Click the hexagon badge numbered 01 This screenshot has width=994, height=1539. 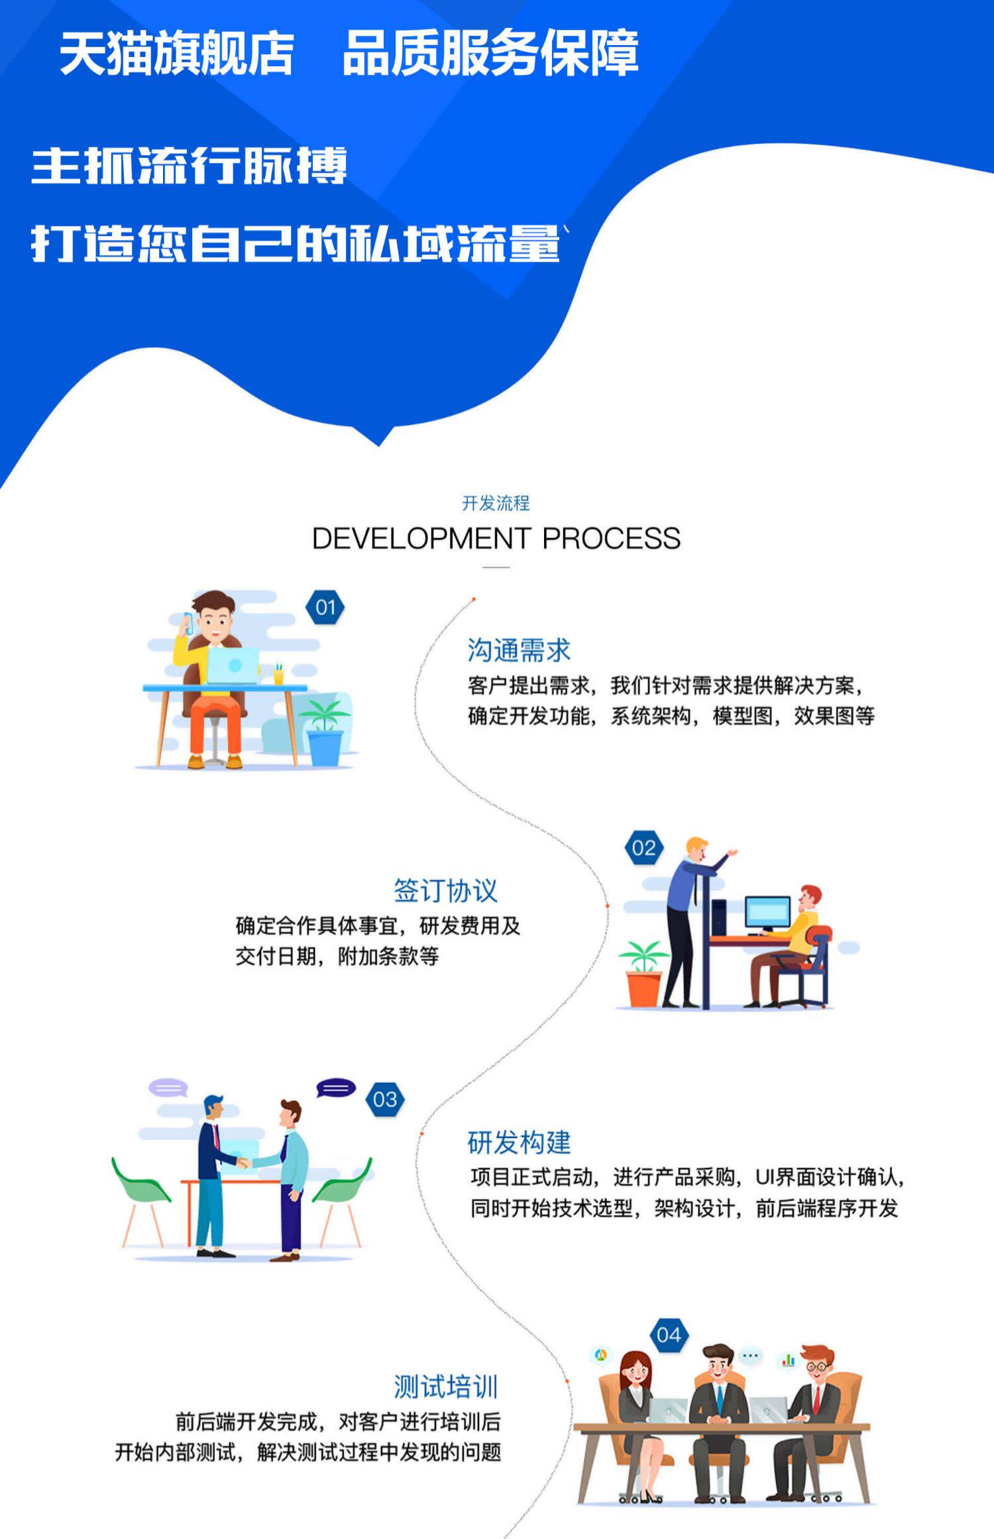click(325, 607)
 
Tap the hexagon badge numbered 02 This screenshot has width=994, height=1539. click(643, 848)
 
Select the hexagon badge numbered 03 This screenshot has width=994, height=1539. click(384, 1100)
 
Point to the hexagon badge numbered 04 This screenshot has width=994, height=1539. click(669, 1335)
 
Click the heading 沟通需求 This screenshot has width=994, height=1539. click(518, 650)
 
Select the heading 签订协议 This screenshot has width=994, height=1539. click(445, 891)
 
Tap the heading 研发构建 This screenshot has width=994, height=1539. click(519, 1143)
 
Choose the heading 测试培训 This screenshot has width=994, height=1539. click(445, 1387)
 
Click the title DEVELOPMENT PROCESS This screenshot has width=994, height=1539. click(496, 538)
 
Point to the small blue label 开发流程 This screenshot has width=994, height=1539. click(496, 503)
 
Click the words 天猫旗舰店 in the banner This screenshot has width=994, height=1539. click(176, 53)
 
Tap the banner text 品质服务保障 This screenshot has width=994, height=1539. click(490, 53)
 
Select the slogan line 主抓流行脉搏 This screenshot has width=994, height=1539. click(189, 166)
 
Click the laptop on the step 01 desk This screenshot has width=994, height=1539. click(232, 665)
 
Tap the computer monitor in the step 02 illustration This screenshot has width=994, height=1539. click(767, 912)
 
